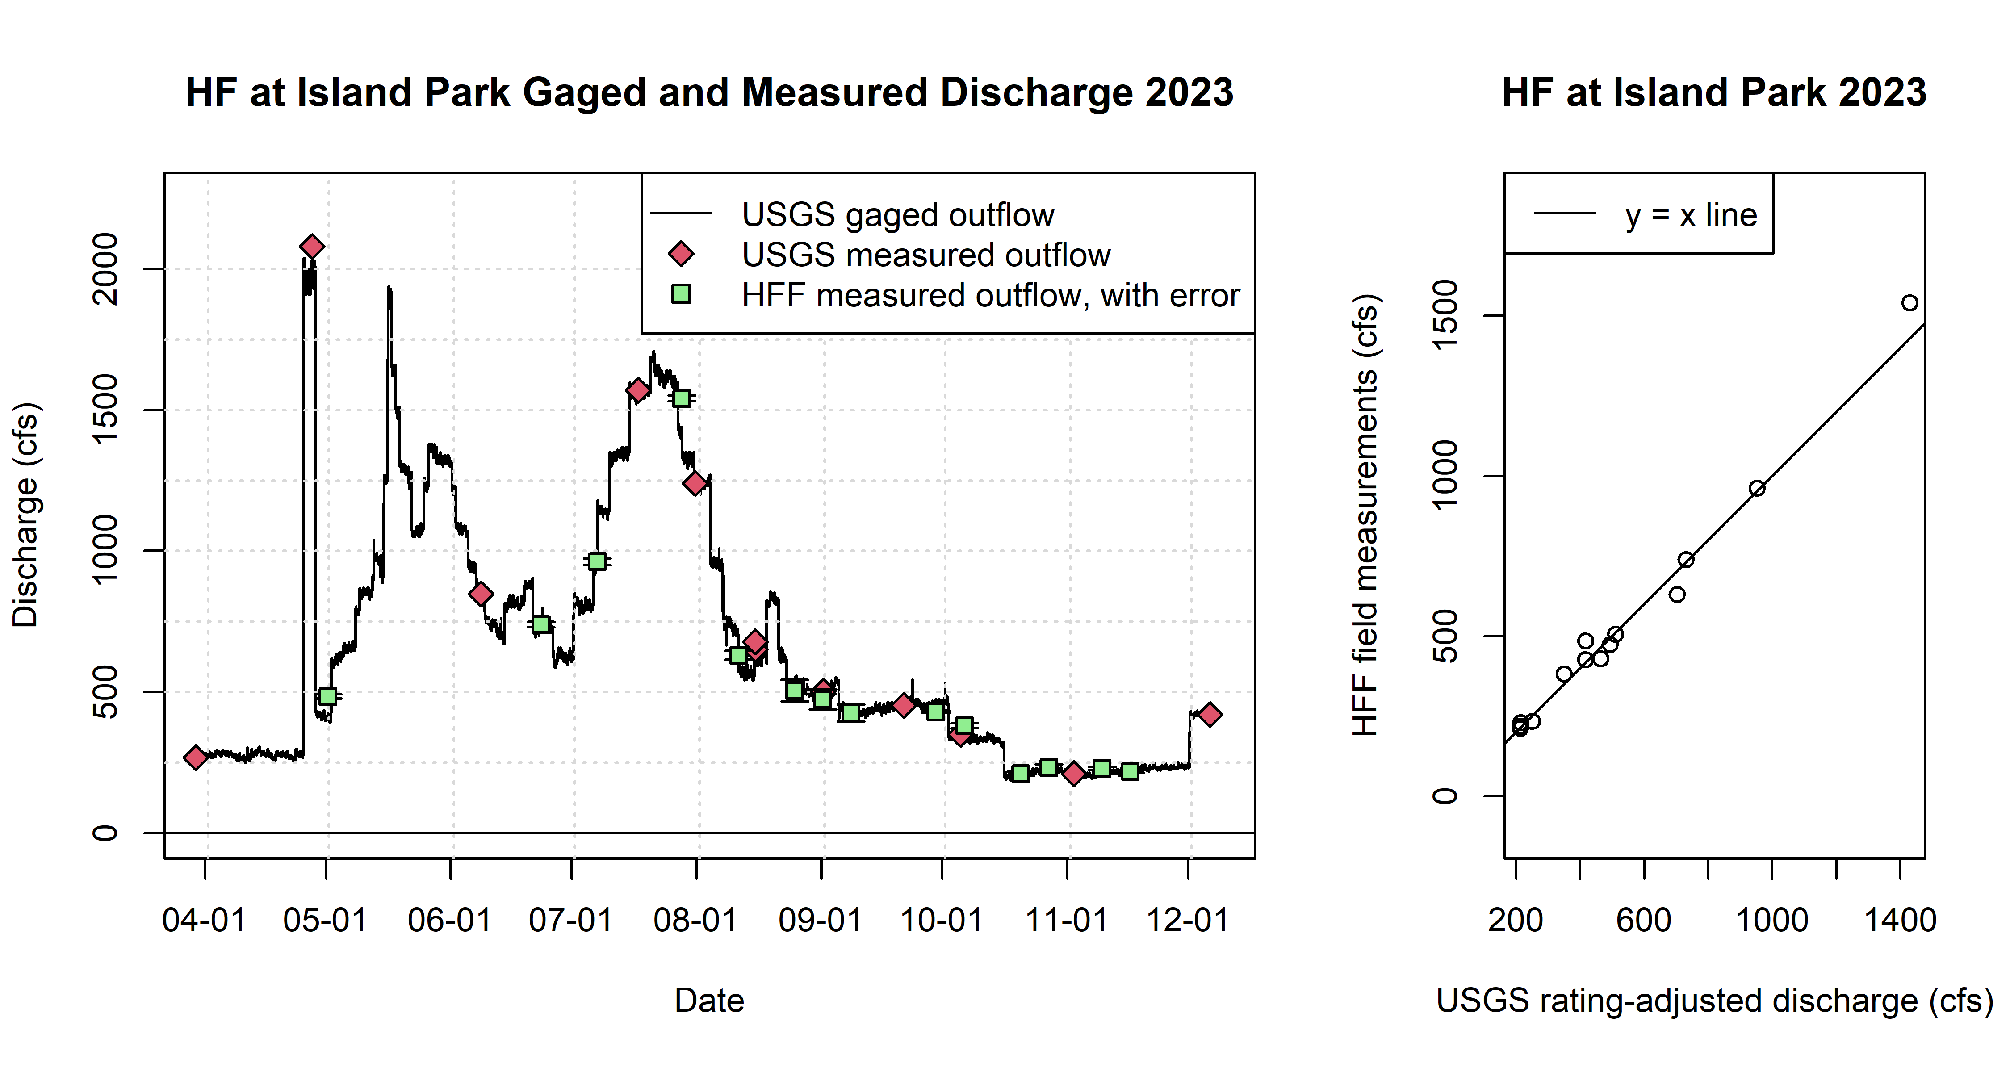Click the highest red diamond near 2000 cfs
[x=311, y=247]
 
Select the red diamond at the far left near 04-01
[x=195, y=757]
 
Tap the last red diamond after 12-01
[x=1210, y=714]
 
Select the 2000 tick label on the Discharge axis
[x=105, y=269]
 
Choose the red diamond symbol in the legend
[x=681, y=254]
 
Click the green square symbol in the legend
[x=681, y=294]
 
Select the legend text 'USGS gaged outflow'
[x=897, y=214]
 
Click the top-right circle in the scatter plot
[x=1909, y=303]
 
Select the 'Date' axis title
[x=709, y=1000]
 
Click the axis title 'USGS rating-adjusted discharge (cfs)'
[x=1714, y=1000]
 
